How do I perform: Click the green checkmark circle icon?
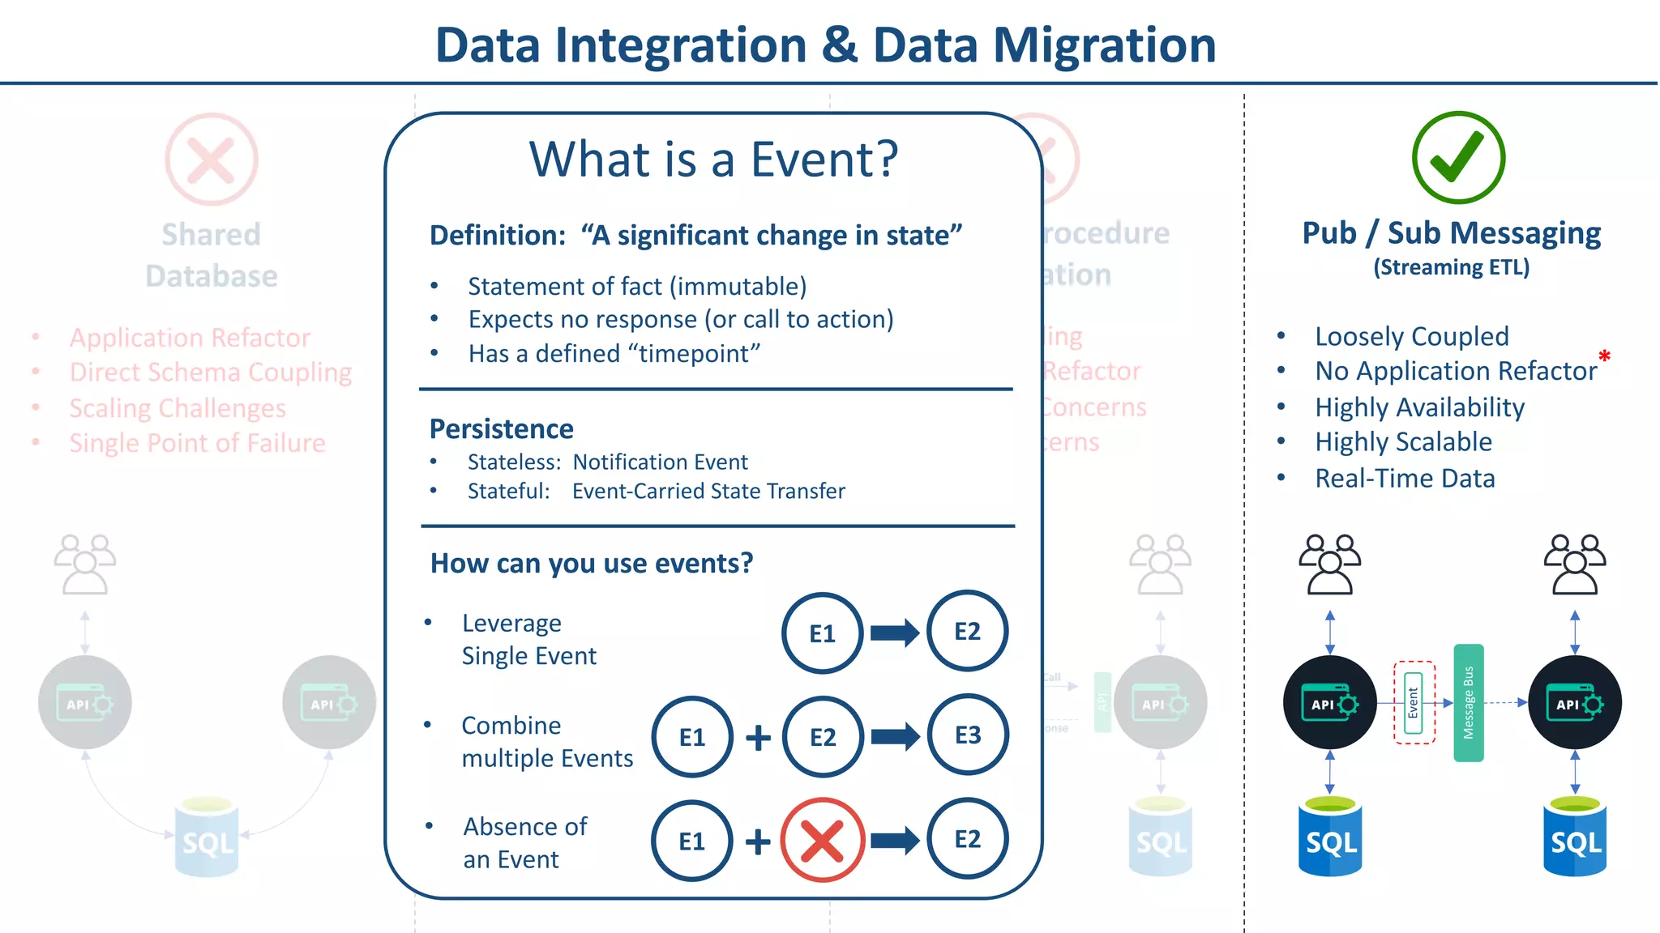coord(1458,158)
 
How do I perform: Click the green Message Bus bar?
coord(1468,702)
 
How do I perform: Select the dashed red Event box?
coord(1414,702)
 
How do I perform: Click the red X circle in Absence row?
coord(822,840)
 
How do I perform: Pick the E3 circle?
coord(968,735)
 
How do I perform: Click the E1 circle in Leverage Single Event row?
coord(822,633)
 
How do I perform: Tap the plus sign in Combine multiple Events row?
coord(758,737)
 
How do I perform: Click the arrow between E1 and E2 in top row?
coord(895,633)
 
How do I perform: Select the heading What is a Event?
coord(713,159)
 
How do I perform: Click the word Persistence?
coord(501,428)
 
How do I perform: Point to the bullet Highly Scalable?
coord(1403,442)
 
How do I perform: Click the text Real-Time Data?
coord(1405,479)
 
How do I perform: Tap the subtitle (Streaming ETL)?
coord(1451,267)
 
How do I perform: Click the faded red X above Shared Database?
coord(212,159)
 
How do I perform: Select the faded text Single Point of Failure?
coord(197,443)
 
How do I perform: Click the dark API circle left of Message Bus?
coord(1329,702)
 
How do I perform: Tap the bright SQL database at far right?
coord(1575,838)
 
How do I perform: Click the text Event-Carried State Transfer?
coord(708,491)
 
